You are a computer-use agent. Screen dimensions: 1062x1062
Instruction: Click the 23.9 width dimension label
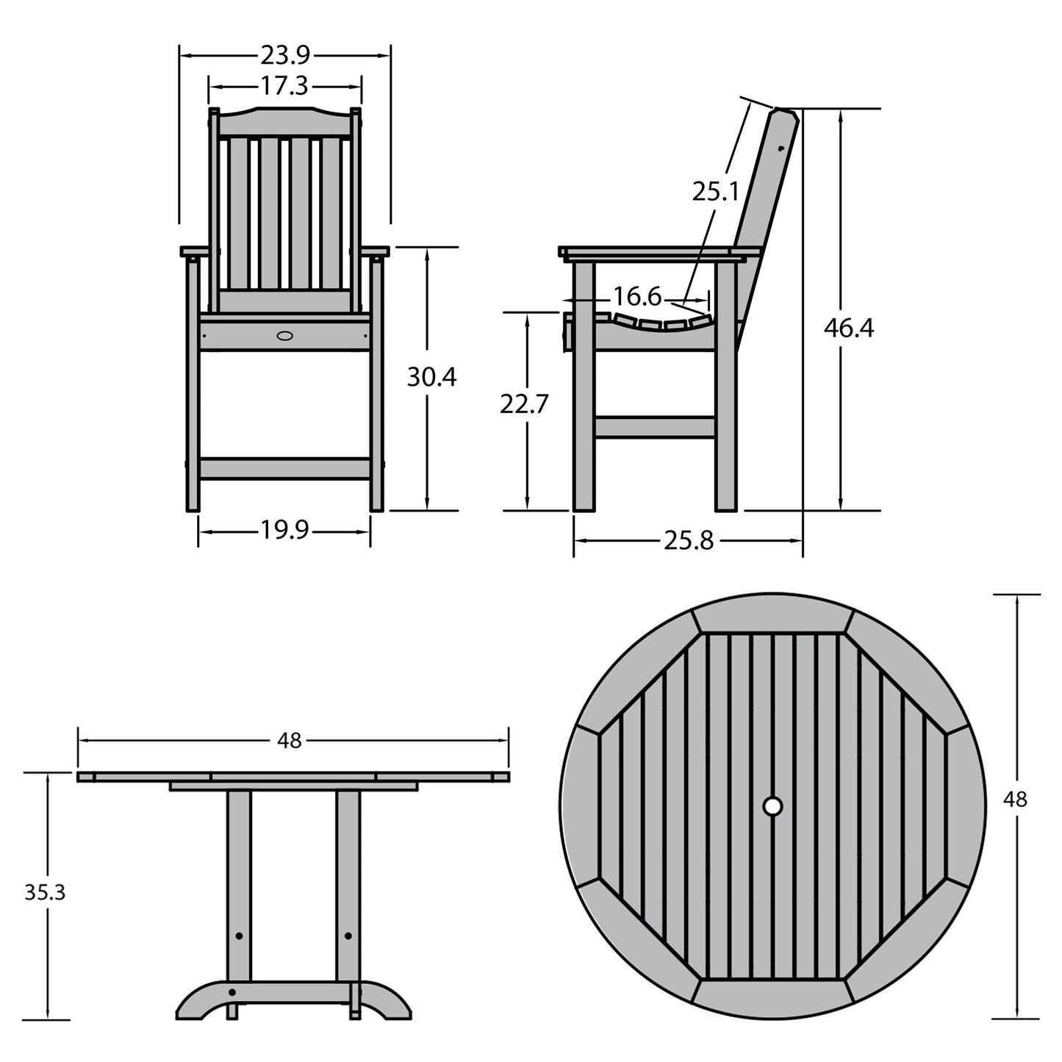[x=284, y=55]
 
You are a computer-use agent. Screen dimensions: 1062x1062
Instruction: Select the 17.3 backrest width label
[x=284, y=87]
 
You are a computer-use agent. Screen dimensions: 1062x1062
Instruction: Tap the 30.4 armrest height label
[x=431, y=377]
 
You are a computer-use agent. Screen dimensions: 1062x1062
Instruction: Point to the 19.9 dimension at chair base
[x=284, y=530]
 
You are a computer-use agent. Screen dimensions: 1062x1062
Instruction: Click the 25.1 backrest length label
[x=714, y=192]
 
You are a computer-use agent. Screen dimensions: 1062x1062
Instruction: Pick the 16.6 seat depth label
[x=637, y=298]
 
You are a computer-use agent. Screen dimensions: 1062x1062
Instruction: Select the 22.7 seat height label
[x=524, y=403]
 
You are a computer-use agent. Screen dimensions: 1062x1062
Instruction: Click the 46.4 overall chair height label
[x=848, y=328]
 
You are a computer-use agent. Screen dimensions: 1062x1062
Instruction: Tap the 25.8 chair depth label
[x=689, y=541]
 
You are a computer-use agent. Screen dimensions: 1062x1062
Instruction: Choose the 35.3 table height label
[x=45, y=892]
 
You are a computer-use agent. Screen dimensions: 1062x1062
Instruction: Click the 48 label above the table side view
[x=290, y=741]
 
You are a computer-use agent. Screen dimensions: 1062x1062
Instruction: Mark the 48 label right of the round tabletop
[x=1015, y=799]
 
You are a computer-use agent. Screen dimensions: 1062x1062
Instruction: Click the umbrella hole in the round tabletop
[x=772, y=806]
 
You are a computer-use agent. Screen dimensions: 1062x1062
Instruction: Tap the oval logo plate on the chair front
[x=284, y=336]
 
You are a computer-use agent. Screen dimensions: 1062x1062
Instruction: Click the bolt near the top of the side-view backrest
[x=780, y=148]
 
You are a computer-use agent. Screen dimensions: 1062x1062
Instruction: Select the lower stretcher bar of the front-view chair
[x=284, y=469]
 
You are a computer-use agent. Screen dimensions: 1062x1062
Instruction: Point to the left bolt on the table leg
[x=239, y=936]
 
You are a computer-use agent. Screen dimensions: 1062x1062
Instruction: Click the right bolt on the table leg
[x=348, y=936]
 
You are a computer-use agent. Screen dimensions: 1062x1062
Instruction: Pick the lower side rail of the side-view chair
[x=654, y=428]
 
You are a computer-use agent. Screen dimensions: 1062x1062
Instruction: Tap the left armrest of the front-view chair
[x=199, y=252]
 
